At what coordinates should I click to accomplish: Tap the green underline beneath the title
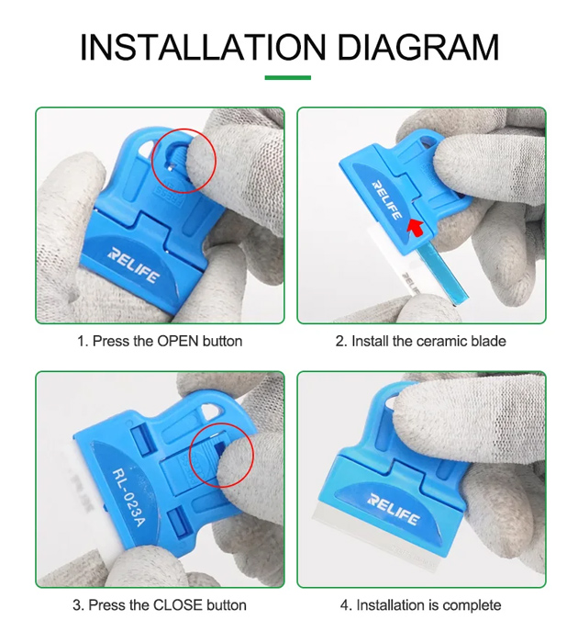click(x=287, y=77)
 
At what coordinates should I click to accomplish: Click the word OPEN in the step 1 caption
click(x=178, y=341)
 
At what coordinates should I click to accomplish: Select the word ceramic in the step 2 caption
click(x=443, y=341)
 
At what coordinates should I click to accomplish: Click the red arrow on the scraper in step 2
click(x=416, y=227)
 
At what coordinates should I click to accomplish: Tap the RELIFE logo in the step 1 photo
click(x=133, y=265)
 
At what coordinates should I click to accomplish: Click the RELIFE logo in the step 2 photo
click(x=386, y=199)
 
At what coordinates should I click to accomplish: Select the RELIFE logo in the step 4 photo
click(x=394, y=509)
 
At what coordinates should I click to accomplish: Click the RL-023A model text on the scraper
click(x=128, y=498)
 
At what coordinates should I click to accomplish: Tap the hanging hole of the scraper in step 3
click(x=212, y=412)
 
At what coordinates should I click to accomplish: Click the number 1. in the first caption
click(x=83, y=341)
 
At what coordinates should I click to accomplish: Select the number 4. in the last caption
click(x=346, y=605)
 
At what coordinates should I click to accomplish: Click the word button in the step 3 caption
click(x=227, y=604)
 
